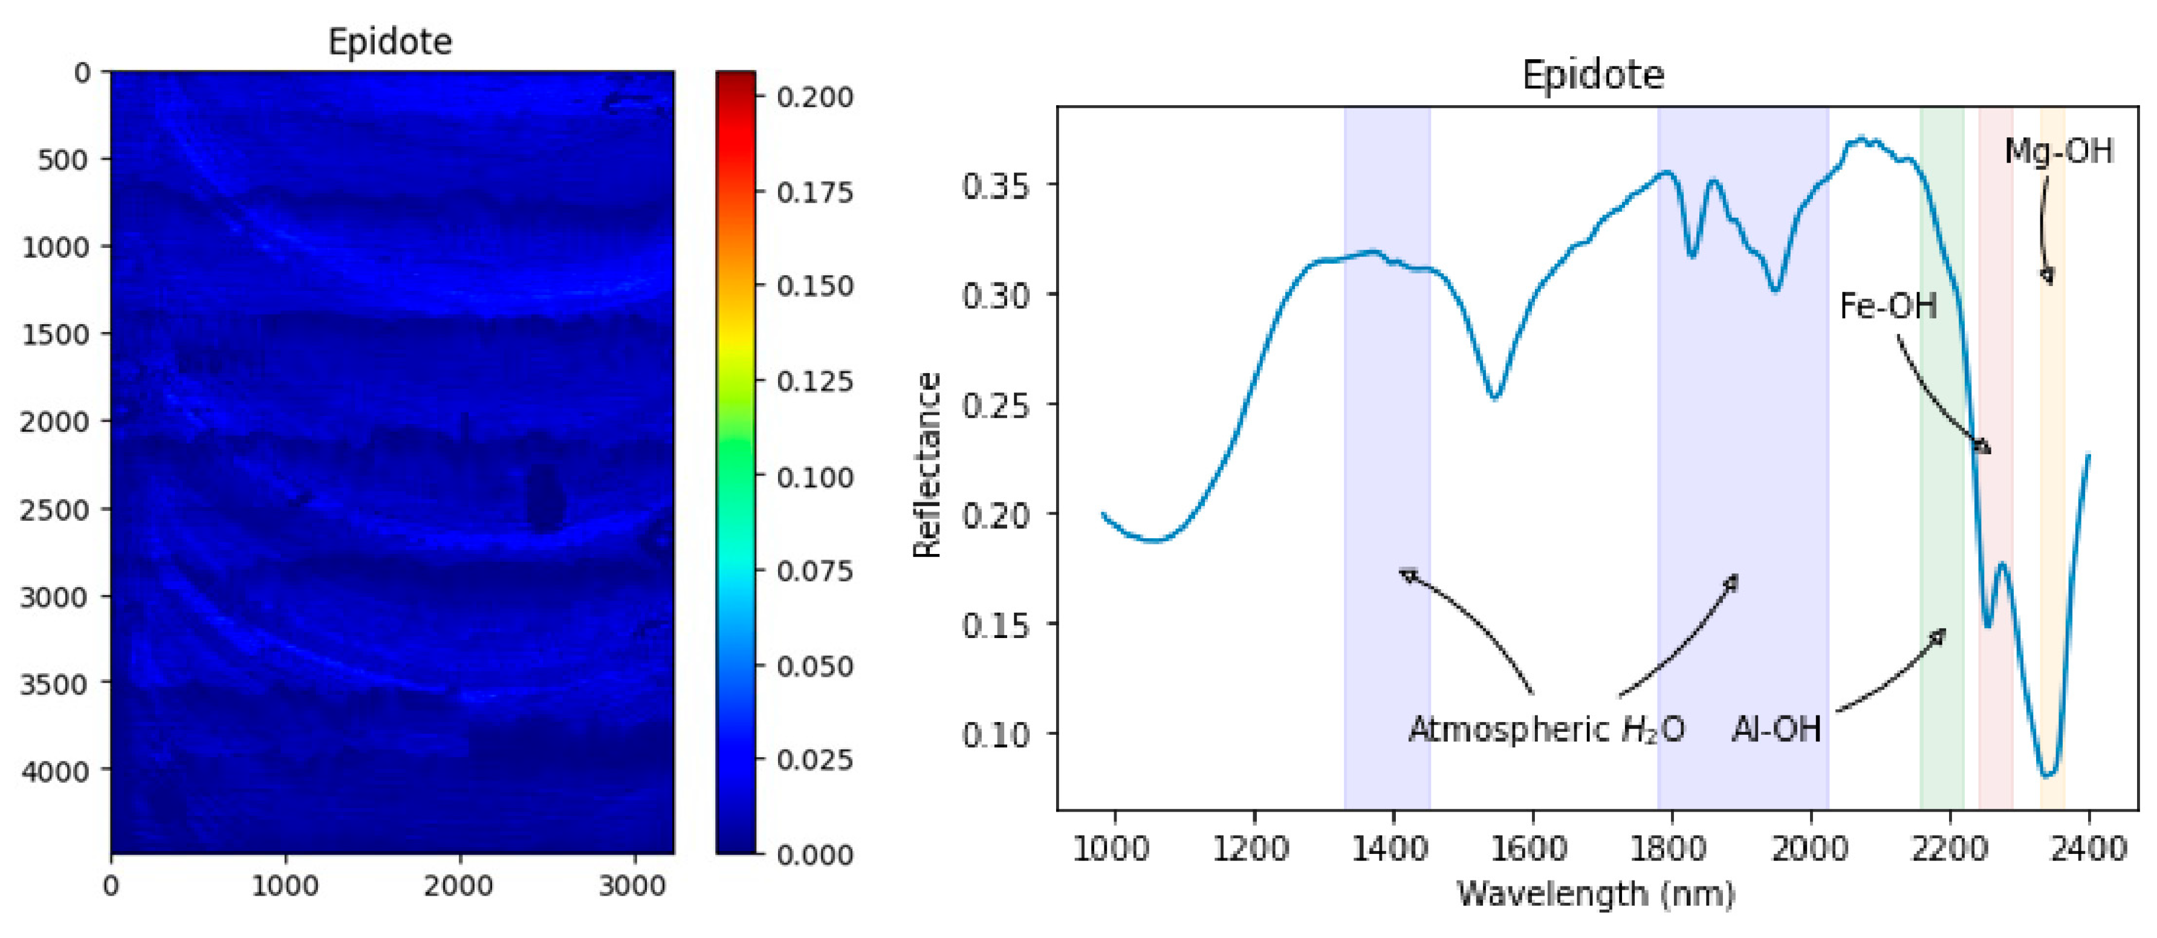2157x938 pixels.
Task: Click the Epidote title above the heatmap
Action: tap(389, 42)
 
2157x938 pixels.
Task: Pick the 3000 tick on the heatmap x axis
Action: tap(632, 886)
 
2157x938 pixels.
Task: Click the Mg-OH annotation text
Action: tap(2058, 152)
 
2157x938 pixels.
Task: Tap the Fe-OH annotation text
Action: tap(1887, 307)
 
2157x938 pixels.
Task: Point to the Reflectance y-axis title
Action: tap(927, 465)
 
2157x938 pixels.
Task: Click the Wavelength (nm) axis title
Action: tap(1595, 894)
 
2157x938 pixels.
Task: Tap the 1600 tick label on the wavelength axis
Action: tap(1531, 849)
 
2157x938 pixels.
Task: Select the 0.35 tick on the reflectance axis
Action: tap(996, 186)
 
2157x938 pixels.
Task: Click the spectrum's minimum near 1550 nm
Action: tap(1494, 397)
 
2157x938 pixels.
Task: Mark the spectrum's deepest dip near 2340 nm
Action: tap(2048, 775)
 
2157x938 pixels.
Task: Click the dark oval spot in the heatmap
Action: tap(544, 498)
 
